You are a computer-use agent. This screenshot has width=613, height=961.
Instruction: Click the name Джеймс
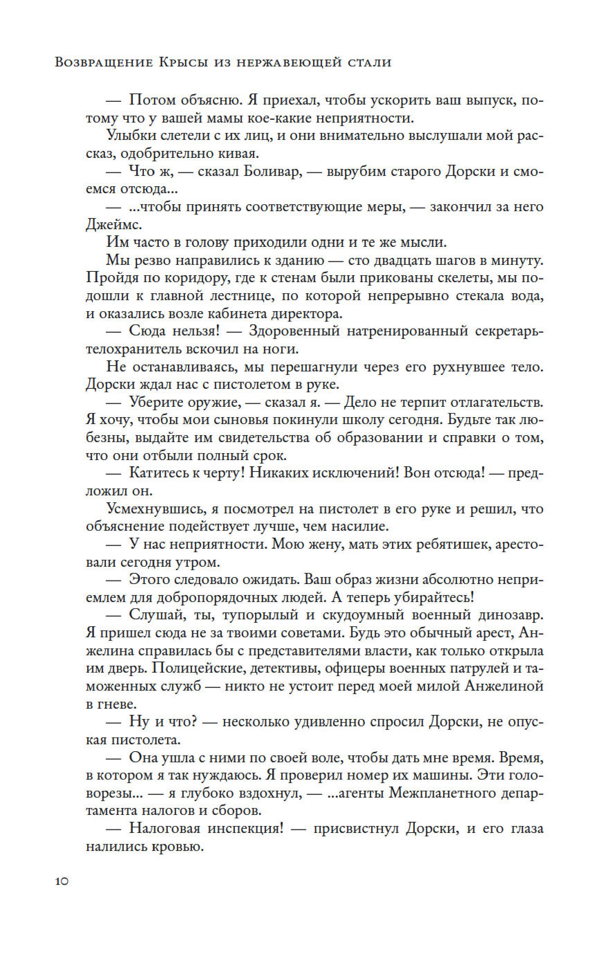click(x=114, y=225)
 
